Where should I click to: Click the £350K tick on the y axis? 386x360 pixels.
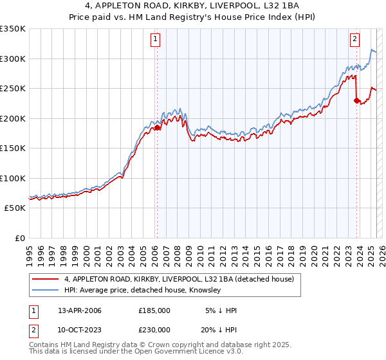coord(13,29)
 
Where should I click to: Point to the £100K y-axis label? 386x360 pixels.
coord(13,178)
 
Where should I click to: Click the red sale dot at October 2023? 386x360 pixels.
coord(356,100)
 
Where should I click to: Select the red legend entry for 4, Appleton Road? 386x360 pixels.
coord(179,279)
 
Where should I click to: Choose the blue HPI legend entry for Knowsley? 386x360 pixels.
coord(142,291)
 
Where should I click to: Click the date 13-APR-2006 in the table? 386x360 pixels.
coord(80,310)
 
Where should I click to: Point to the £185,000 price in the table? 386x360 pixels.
coord(154,310)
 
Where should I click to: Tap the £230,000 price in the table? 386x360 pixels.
coord(154,330)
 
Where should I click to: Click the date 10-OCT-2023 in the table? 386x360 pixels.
coord(80,330)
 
